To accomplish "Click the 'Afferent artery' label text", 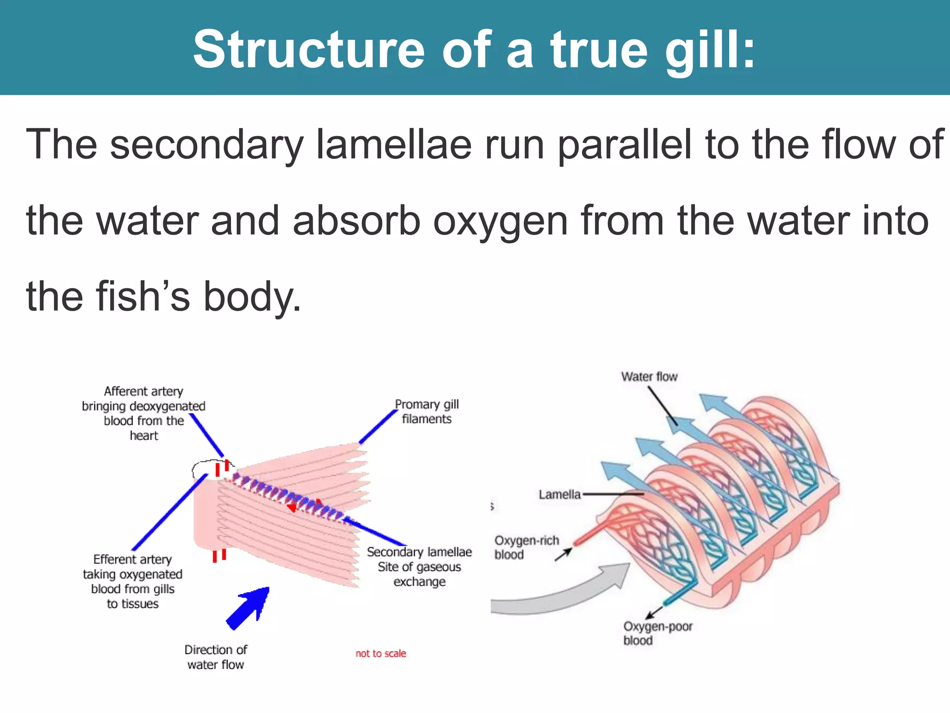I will [143, 392].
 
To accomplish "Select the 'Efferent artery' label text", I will [132, 560].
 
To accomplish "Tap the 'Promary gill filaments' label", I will [426, 412].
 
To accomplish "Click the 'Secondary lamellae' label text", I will [419, 552].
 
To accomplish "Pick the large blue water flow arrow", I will [248, 608].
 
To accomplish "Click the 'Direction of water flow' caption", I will [215, 657].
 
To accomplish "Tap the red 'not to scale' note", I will [380, 654].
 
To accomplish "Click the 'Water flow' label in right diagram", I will [649, 377].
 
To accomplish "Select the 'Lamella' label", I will [559, 495].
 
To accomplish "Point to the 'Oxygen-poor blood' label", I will [657, 634].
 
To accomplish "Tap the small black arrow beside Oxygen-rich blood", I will [564, 554].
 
